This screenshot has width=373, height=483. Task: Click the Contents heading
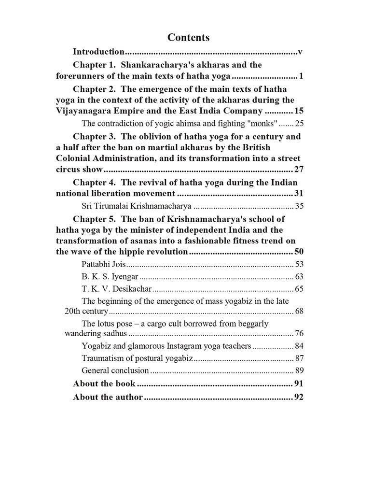pyautogui.click(x=188, y=37)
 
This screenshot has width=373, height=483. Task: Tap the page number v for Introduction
pyautogui.click(x=300, y=51)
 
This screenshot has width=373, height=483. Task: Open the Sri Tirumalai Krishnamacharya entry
pyautogui.click(x=137, y=206)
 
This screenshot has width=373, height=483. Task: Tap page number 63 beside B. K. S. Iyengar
pyautogui.click(x=299, y=277)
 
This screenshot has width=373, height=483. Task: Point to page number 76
pyautogui.click(x=299, y=334)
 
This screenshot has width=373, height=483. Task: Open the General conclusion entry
pyautogui.click(x=115, y=370)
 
